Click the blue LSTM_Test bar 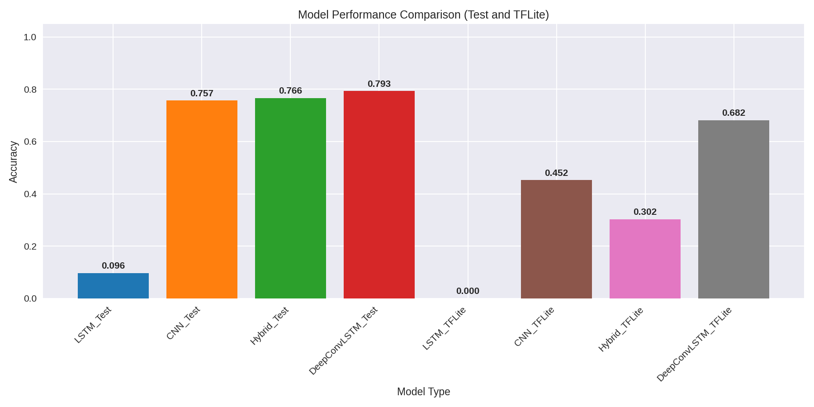(x=113, y=286)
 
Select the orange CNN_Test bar (x=202, y=199)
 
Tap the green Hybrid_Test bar (x=290, y=198)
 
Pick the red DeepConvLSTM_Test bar (x=379, y=194)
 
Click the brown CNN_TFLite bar (x=556, y=239)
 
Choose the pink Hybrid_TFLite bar (x=645, y=259)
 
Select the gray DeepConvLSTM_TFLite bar (x=734, y=209)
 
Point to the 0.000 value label (x=468, y=291)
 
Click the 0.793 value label (x=379, y=84)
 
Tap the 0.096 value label (x=113, y=266)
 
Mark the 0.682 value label (x=734, y=113)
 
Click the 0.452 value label (x=556, y=173)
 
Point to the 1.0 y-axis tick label (x=30, y=37)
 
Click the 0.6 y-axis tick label (x=30, y=142)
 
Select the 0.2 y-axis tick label (x=30, y=246)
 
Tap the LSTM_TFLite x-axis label (x=444, y=328)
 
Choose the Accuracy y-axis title (x=14, y=162)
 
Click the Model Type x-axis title (x=423, y=392)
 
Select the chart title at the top (x=423, y=15)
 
